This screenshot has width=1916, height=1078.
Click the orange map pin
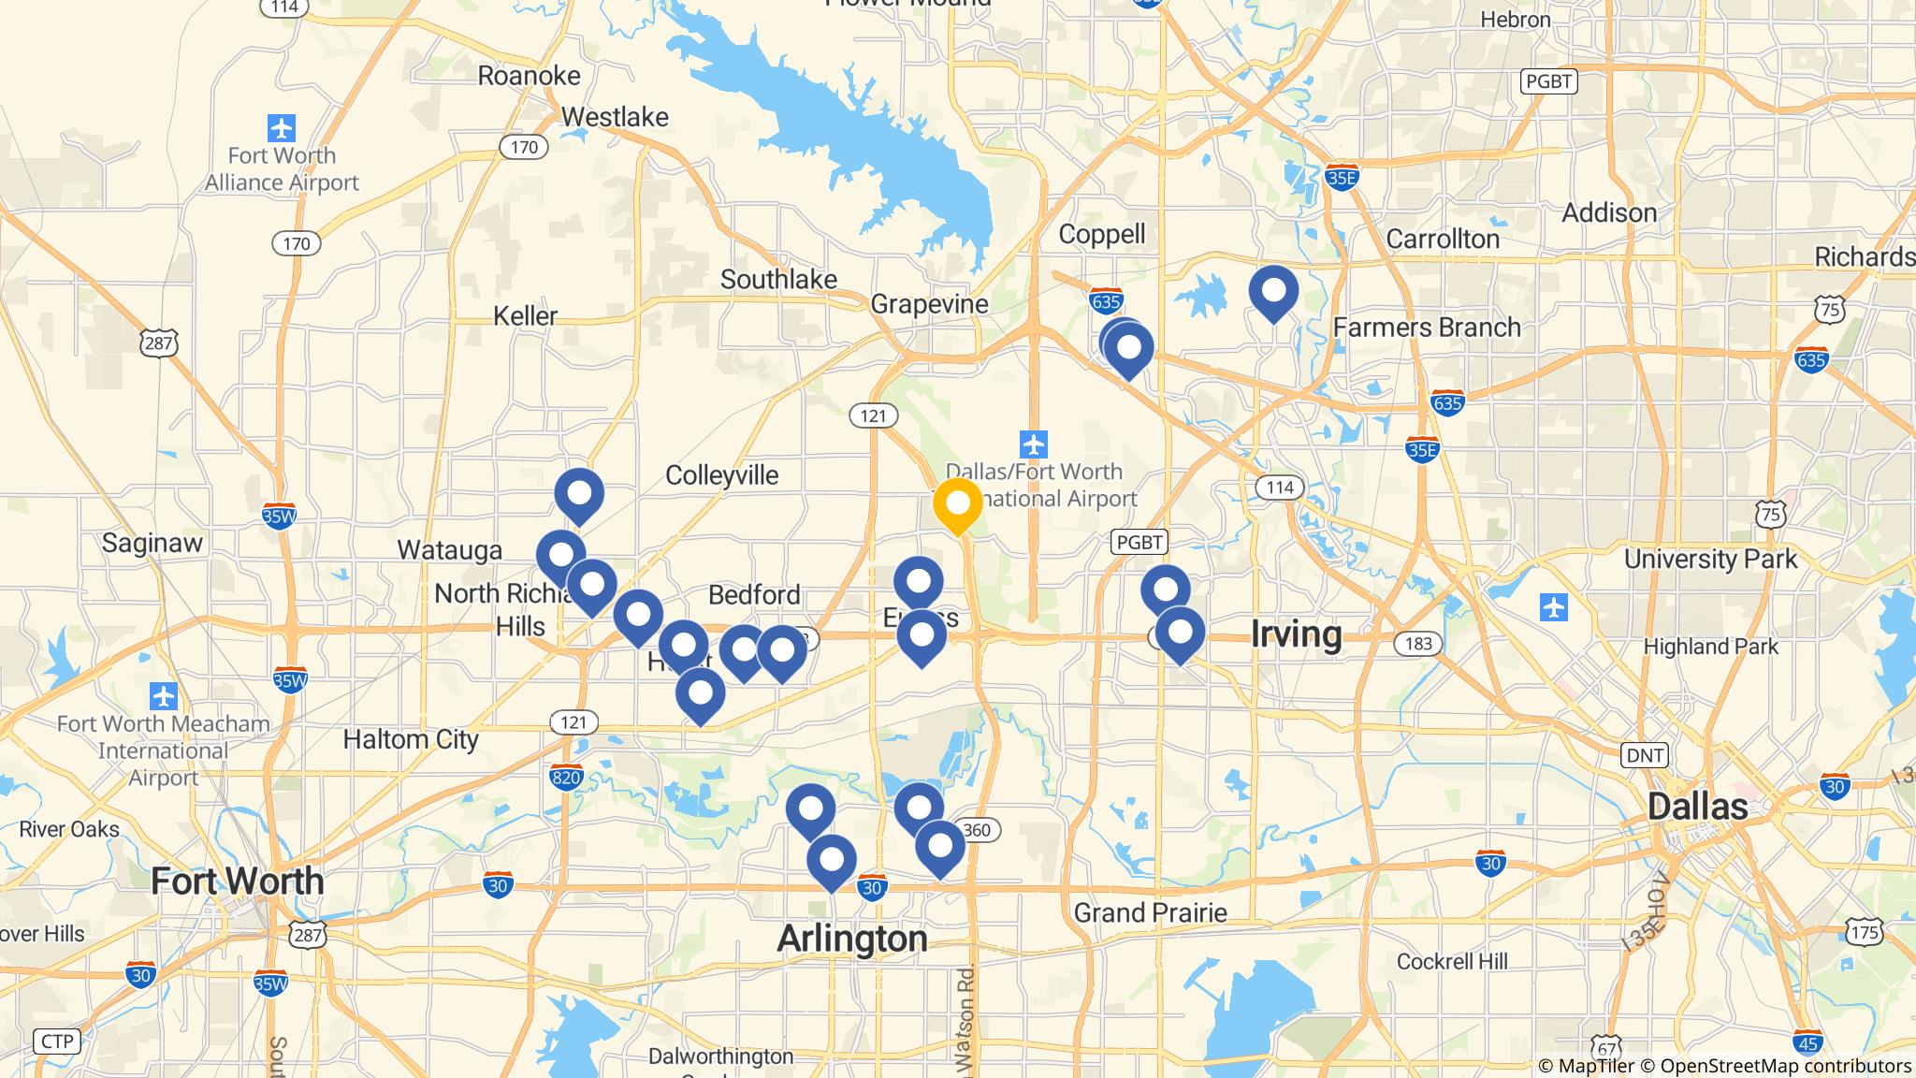(x=957, y=503)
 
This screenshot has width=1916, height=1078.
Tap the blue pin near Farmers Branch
(x=1273, y=291)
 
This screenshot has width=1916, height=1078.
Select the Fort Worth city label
(x=238, y=881)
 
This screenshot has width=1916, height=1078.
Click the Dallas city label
(x=1697, y=806)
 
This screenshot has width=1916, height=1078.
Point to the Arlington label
(x=852, y=938)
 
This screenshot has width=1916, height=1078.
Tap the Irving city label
(x=1296, y=634)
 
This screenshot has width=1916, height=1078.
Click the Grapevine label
(x=929, y=303)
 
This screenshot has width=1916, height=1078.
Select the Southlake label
(x=778, y=279)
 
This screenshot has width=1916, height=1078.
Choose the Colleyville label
(x=721, y=474)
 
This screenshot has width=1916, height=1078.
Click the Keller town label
(x=525, y=315)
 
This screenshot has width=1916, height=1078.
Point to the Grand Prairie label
(x=1150, y=911)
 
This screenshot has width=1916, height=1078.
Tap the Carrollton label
(x=1443, y=239)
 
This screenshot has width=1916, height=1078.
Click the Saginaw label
(x=152, y=542)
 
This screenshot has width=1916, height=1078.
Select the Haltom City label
(x=411, y=739)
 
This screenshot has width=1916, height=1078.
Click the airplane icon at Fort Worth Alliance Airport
(x=281, y=127)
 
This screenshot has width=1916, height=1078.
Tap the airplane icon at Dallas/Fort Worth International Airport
(x=1033, y=444)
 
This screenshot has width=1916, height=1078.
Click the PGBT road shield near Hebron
(x=1548, y=81)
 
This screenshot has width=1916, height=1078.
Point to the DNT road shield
(x=1645, y=755)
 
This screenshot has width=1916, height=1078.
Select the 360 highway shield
(x=977, y=830)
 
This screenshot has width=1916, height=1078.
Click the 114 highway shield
(x=1279, y=487)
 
